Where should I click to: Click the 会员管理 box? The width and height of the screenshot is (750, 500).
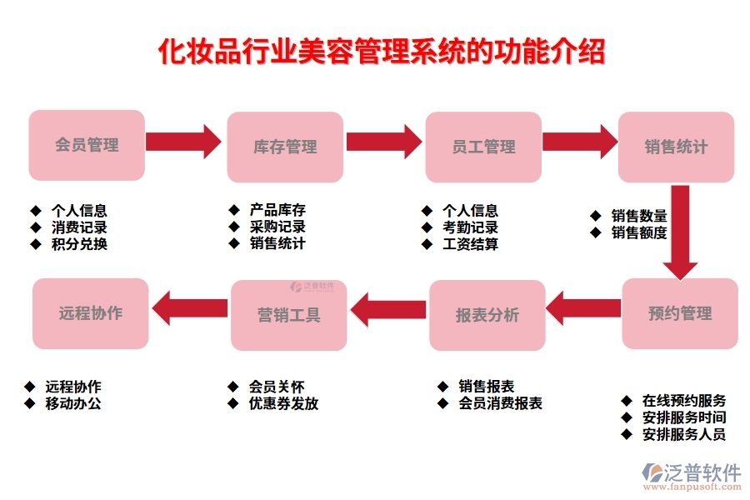pos(87,145)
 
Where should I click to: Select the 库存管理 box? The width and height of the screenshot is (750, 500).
pos(285,147)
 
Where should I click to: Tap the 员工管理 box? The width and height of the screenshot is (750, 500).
pos(483,147)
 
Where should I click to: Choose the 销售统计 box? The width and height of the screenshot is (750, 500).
pos(676,147)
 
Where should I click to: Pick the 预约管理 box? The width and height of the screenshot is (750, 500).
pos(680,313)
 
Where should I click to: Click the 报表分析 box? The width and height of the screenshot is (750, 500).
pos(487,315)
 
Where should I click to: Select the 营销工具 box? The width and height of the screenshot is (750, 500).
pos(288,315)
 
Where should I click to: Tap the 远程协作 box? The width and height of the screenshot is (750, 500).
pos(91,313)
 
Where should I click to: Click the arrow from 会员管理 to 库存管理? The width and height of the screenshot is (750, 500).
pos(183,141)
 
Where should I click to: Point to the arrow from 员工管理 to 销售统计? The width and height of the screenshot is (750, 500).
pos(579,141)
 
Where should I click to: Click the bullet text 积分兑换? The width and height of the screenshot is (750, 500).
pos(79,244)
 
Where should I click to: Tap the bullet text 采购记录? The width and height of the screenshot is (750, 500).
pos(277,227)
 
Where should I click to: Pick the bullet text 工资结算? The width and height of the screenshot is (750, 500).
pos(470,244)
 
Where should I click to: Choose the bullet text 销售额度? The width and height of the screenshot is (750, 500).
pos(639,233)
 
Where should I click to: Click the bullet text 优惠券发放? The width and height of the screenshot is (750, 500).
pos(283,403)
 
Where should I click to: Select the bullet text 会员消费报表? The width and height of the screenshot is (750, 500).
pos(500,403)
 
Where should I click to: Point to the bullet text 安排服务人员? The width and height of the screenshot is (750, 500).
pos(684,434)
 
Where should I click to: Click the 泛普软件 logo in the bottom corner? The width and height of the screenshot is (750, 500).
pos(692,476)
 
